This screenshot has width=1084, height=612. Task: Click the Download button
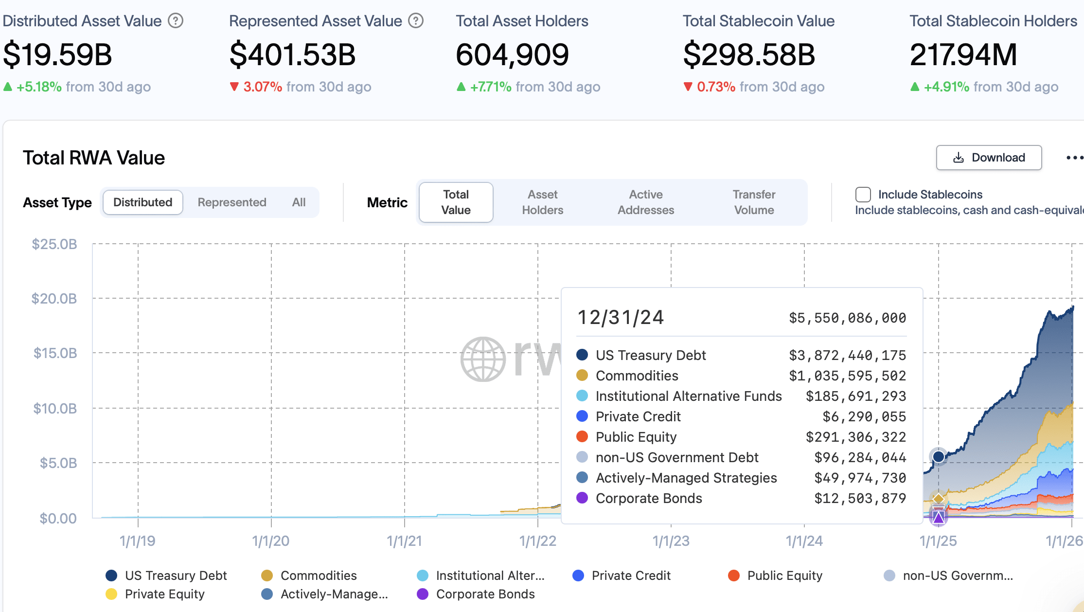(x=989, y=158)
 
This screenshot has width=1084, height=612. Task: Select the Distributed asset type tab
(x=142, y=202)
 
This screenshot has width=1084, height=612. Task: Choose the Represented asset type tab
(x=231, y=202)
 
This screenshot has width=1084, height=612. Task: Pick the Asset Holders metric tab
(x=542, y=202)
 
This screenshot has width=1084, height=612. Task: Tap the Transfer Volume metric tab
(x=754, y=202)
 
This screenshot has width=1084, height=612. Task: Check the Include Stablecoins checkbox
(x=863, y=195)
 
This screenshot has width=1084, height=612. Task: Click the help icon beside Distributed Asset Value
(x=175, y=21)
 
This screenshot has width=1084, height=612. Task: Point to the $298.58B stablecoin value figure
(x=749, y=54)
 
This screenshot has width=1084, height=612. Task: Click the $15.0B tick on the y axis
(x=55, y=353)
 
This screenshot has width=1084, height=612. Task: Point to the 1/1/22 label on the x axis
(x=537, y=541)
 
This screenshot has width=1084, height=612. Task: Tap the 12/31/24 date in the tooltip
(x=620, y=318)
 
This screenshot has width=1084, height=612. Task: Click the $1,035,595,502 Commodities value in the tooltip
(x=847, y=376)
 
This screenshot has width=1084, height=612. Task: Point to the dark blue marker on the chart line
(x=939, y=456)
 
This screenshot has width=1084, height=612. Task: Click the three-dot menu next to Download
(x=1074, y=158)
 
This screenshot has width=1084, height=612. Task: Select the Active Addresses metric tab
(x=645, y=202)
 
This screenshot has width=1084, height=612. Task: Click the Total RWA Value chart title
(x=94, y=158)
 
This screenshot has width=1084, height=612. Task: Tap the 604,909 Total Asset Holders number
(x=512, y=54)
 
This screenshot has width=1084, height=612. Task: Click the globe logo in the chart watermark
(x=483, y=359)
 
